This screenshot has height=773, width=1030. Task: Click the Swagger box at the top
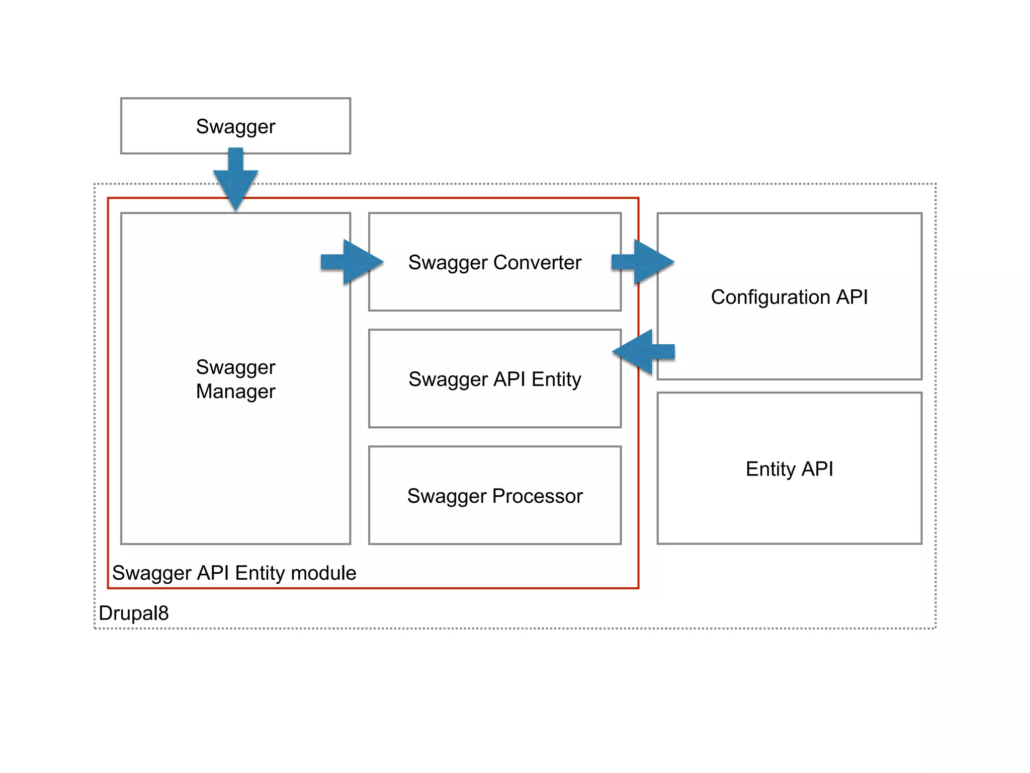click(235, 126)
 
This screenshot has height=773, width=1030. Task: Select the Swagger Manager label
click(235, 379)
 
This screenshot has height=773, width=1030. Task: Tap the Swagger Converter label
click(494, 262)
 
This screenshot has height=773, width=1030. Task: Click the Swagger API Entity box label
click(494, 379)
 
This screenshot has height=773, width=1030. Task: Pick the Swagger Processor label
click(494, 496)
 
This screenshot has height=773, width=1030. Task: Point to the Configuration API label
click(789, 297)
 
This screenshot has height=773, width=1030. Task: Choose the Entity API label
click(789, 469)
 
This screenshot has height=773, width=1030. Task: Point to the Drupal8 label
click(133, 613)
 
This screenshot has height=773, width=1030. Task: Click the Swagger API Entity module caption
click(234, 573)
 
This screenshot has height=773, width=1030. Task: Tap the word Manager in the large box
click(235, 391)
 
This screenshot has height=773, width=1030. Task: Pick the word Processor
click(537, 496)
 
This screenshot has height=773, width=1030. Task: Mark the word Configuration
click(770, 297)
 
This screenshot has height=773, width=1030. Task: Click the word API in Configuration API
click(852, 297)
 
